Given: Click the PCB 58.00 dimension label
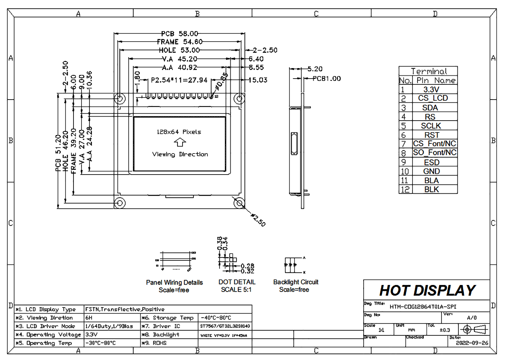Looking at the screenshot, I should click(180, 34).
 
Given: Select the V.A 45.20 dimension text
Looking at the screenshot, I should click(179, 59).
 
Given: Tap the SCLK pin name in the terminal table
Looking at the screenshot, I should click(431, 126).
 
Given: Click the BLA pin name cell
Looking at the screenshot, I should click(431, 180).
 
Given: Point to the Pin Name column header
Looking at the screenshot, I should click(436, 80).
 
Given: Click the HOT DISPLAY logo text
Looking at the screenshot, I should click(427, 290).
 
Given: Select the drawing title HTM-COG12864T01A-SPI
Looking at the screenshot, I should click(423, 307).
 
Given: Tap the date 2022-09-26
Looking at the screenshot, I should click(472, 343).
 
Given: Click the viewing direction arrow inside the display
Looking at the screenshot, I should click(180, 142).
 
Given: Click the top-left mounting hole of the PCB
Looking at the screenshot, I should click(120, 99).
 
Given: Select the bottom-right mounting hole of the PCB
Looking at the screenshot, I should click(239, 203).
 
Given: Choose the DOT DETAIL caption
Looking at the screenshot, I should click(237, 282).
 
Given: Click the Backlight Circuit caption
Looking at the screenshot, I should click(296, 282).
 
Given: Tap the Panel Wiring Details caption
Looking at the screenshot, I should click(174, 282).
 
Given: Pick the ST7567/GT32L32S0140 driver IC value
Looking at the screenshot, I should click(225, 326).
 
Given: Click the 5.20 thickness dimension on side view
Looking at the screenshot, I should click(315, 69).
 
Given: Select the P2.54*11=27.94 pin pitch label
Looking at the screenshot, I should click(179, 80).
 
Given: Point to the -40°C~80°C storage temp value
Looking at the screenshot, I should click(216, 318).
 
